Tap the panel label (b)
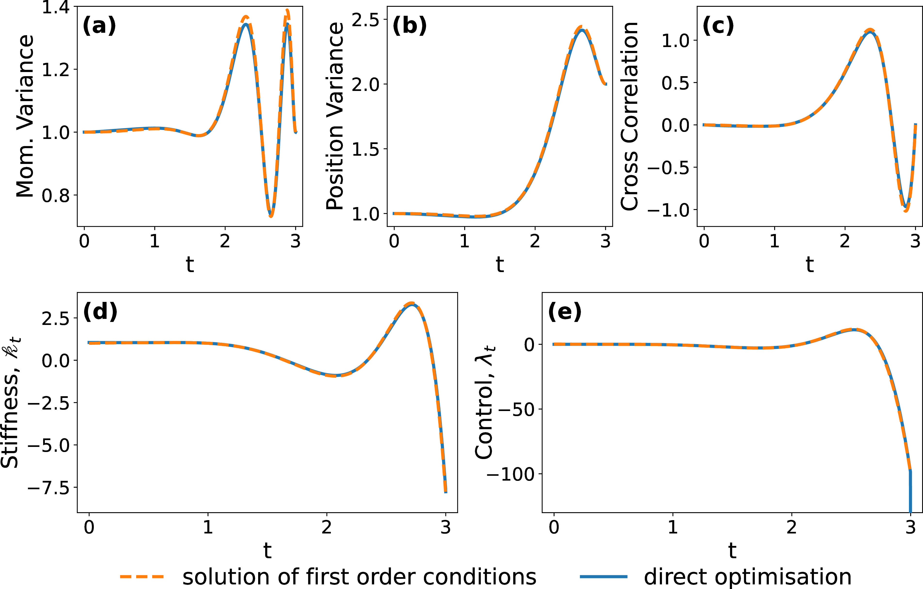point(409,26)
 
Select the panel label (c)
point(718,26)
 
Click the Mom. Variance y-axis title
point(25,116)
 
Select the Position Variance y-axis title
point(335,116)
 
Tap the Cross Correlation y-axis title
point(630,116)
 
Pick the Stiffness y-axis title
point(11,402)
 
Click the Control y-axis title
point(485,402)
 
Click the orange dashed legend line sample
point(142,576)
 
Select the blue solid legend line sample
point(604,576)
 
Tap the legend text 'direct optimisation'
point(748,576)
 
